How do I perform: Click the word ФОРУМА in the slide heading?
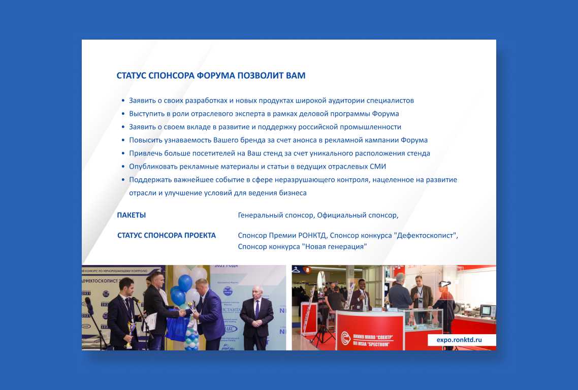[x=216, y=76]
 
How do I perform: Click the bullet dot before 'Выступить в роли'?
[x=123, y=114]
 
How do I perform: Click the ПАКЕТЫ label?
[x=131, y=215]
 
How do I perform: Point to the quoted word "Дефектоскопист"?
[x=425, y=236]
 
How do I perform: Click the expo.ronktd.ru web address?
[x=459, y=340]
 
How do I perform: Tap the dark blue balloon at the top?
[x=185, y=283]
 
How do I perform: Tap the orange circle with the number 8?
[x=307, y=270]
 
